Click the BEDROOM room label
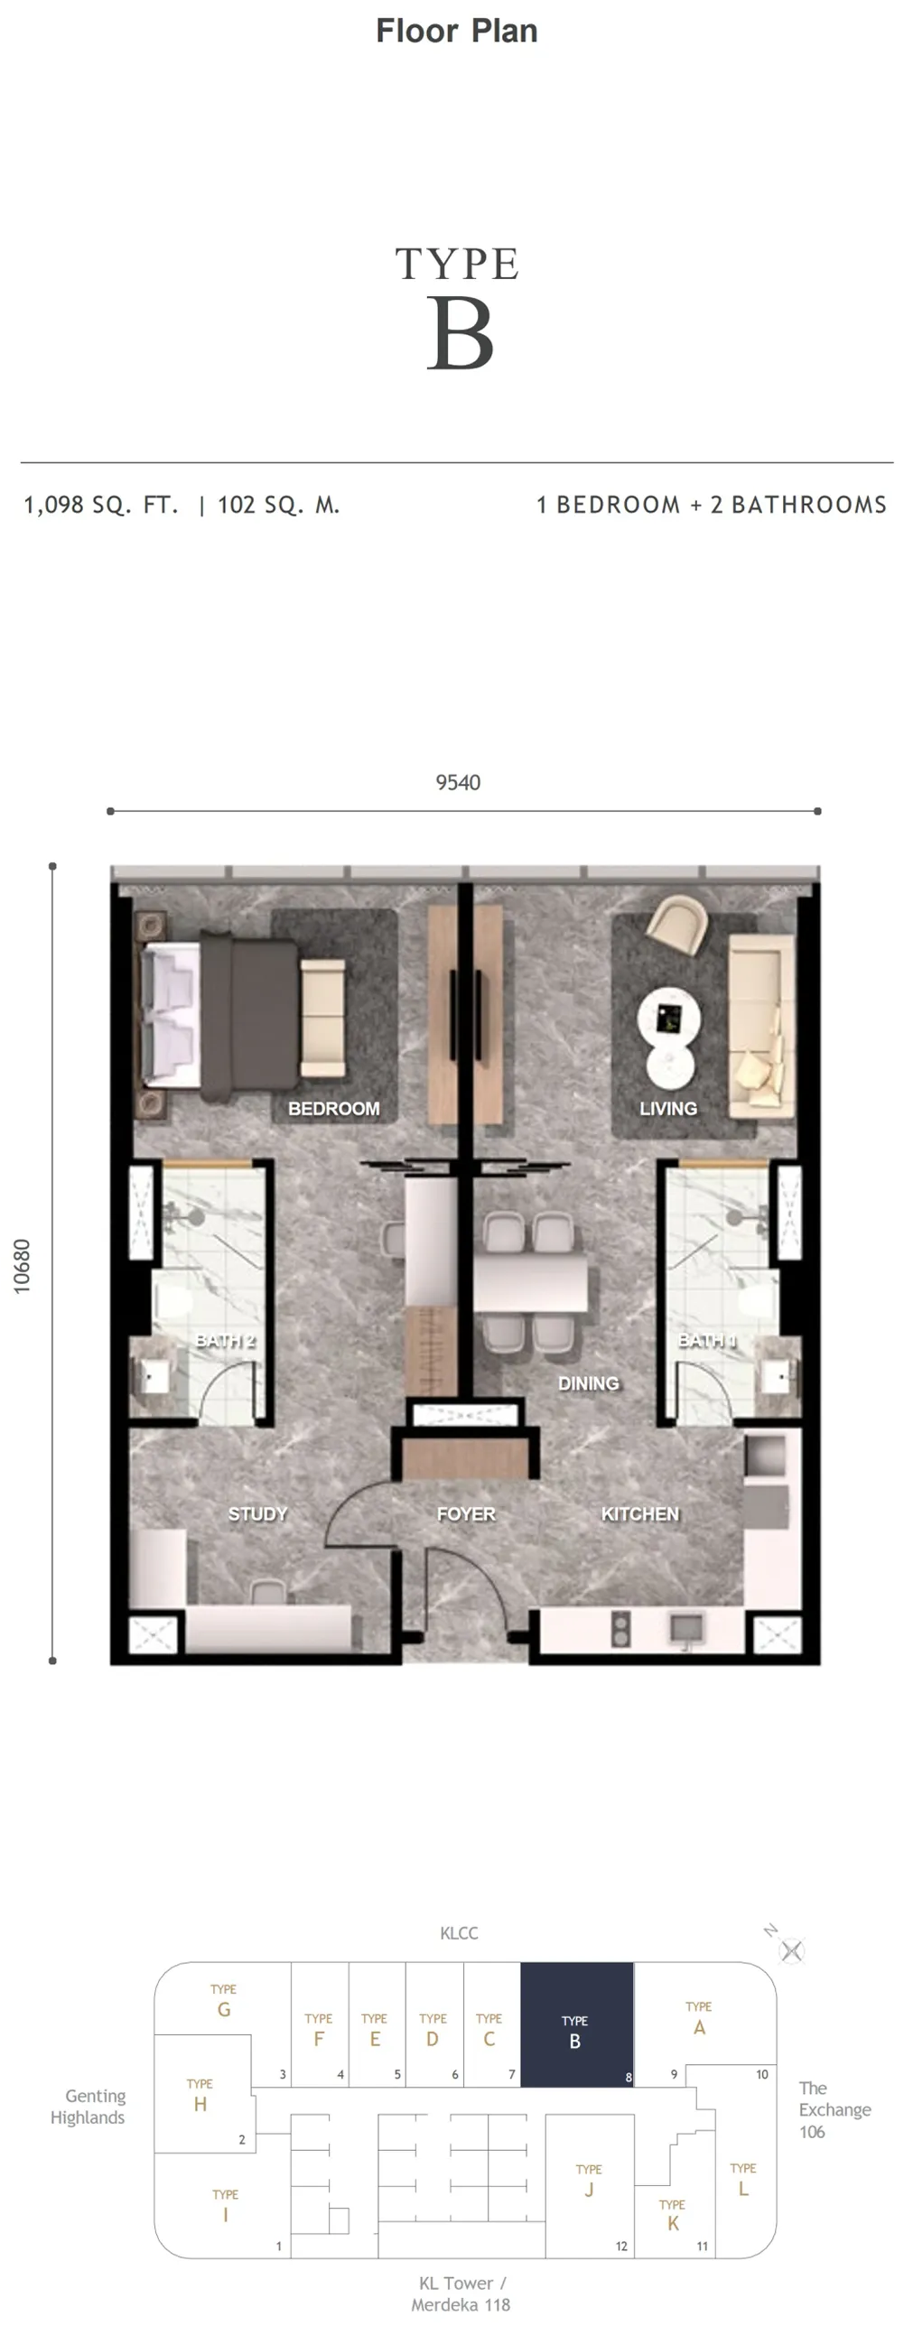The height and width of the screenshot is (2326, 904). coord(333,1109)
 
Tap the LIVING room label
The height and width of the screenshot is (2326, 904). coord(668,1109)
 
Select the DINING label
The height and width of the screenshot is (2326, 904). coord(588,1383)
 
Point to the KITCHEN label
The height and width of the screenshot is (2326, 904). coord(640,1514)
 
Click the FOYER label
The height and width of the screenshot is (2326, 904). coord(466,1514)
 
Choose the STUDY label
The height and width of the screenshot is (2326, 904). coord(257,1514)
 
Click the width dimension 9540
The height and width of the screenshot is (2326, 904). coord(458,783)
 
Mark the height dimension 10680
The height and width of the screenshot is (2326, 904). coord(22,1266)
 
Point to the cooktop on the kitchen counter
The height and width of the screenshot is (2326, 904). coord(620,1628)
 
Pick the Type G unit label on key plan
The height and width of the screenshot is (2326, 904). coord(223,2000)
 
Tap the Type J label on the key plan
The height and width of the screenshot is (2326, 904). coord(589,2180)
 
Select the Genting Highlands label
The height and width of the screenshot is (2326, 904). coord(88,2107)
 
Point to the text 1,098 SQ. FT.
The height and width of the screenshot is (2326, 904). coord(101,505)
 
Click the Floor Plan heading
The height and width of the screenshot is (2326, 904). coord(457,31)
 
